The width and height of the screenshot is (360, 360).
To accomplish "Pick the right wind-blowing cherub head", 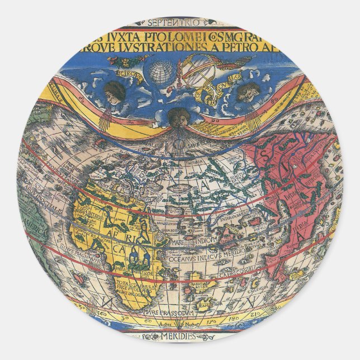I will (x=247, y=91).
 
